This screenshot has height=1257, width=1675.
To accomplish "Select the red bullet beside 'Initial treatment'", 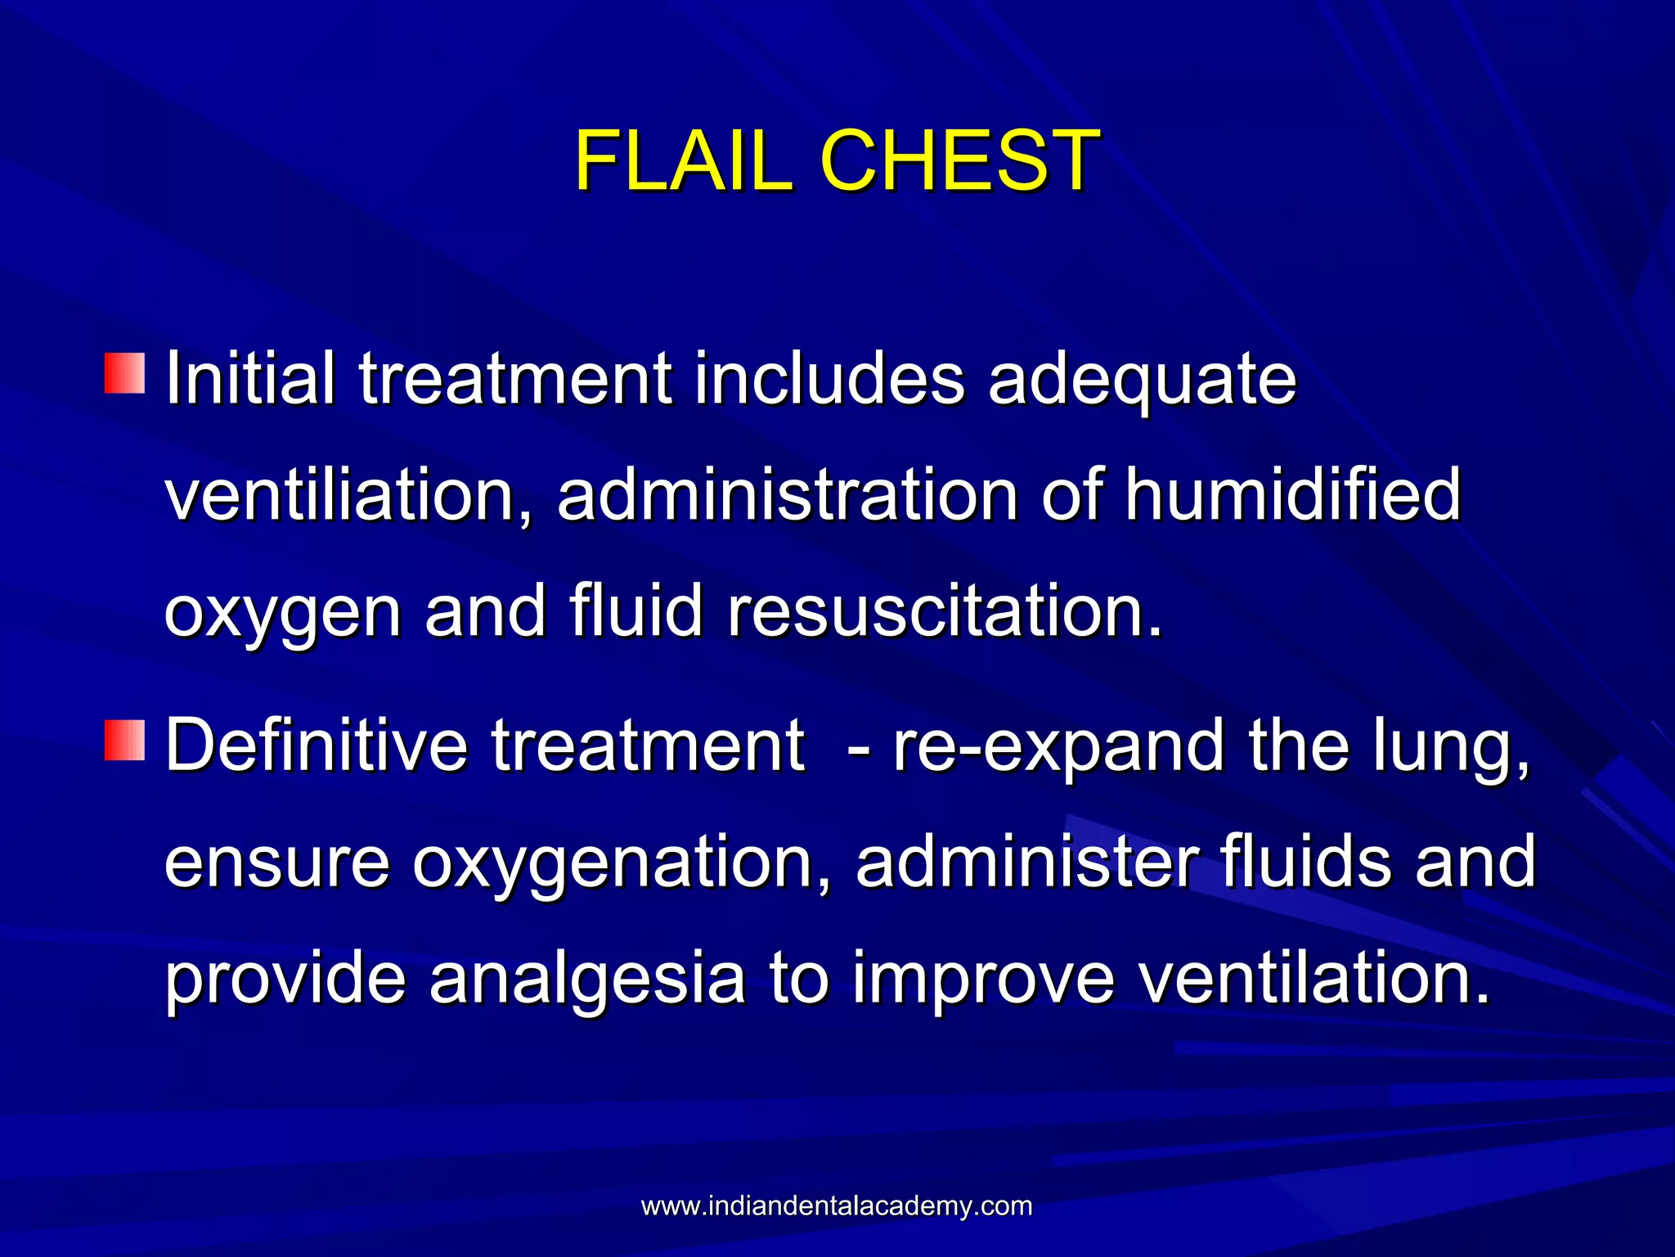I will (x=124, y=373).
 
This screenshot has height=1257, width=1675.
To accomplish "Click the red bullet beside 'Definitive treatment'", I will (x=124, y=740).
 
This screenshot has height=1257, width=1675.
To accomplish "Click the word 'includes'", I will (x=829, y=378).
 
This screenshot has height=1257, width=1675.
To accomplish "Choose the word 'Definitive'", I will (x=316, y=745).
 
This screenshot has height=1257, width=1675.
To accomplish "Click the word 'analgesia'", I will (x=587, y=980).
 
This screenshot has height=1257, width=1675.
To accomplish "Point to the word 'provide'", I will (x=285, y=980).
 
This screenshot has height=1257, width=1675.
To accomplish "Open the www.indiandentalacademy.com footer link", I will (x=837, y=1206).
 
